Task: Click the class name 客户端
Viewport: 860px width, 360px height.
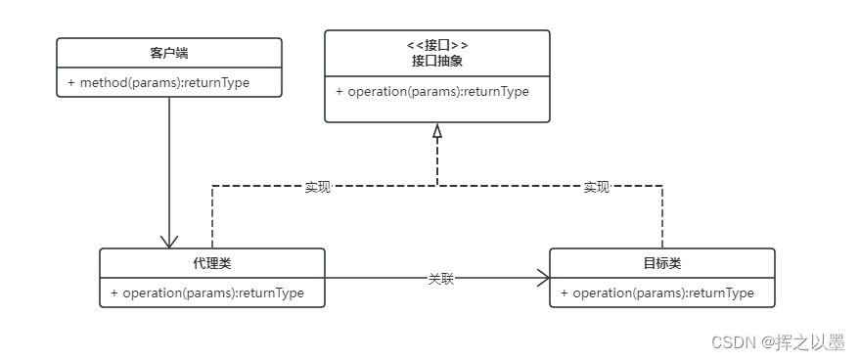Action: click(x=169, y=53)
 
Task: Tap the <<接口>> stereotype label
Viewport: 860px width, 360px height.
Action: click(x=436, y=45)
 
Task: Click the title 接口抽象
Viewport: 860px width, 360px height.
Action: click(x=436, y=61)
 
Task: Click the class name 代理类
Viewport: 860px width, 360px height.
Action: click(x=211, y=263)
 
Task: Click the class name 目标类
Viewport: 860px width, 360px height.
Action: click(x=662, y=263)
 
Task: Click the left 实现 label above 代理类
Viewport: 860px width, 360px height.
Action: click(x=318, y=187)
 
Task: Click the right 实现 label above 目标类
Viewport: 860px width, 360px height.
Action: click(x=597, y=187)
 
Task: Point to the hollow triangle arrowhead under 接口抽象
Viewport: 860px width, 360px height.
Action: click(x=437, y=131)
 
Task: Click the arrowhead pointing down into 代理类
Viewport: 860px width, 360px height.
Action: click(x=169, y=241)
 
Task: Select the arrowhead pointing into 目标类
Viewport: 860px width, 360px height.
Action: click(x=542, y=279)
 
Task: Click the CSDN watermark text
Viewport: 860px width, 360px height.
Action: click(x=729, y=342)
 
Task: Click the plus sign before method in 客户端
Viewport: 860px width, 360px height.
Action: click(x=71, y=82)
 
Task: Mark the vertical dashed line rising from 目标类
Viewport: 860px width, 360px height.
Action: click(x=662, y=217)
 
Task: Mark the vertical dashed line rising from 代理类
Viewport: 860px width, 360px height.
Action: click(x=212, y=217)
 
